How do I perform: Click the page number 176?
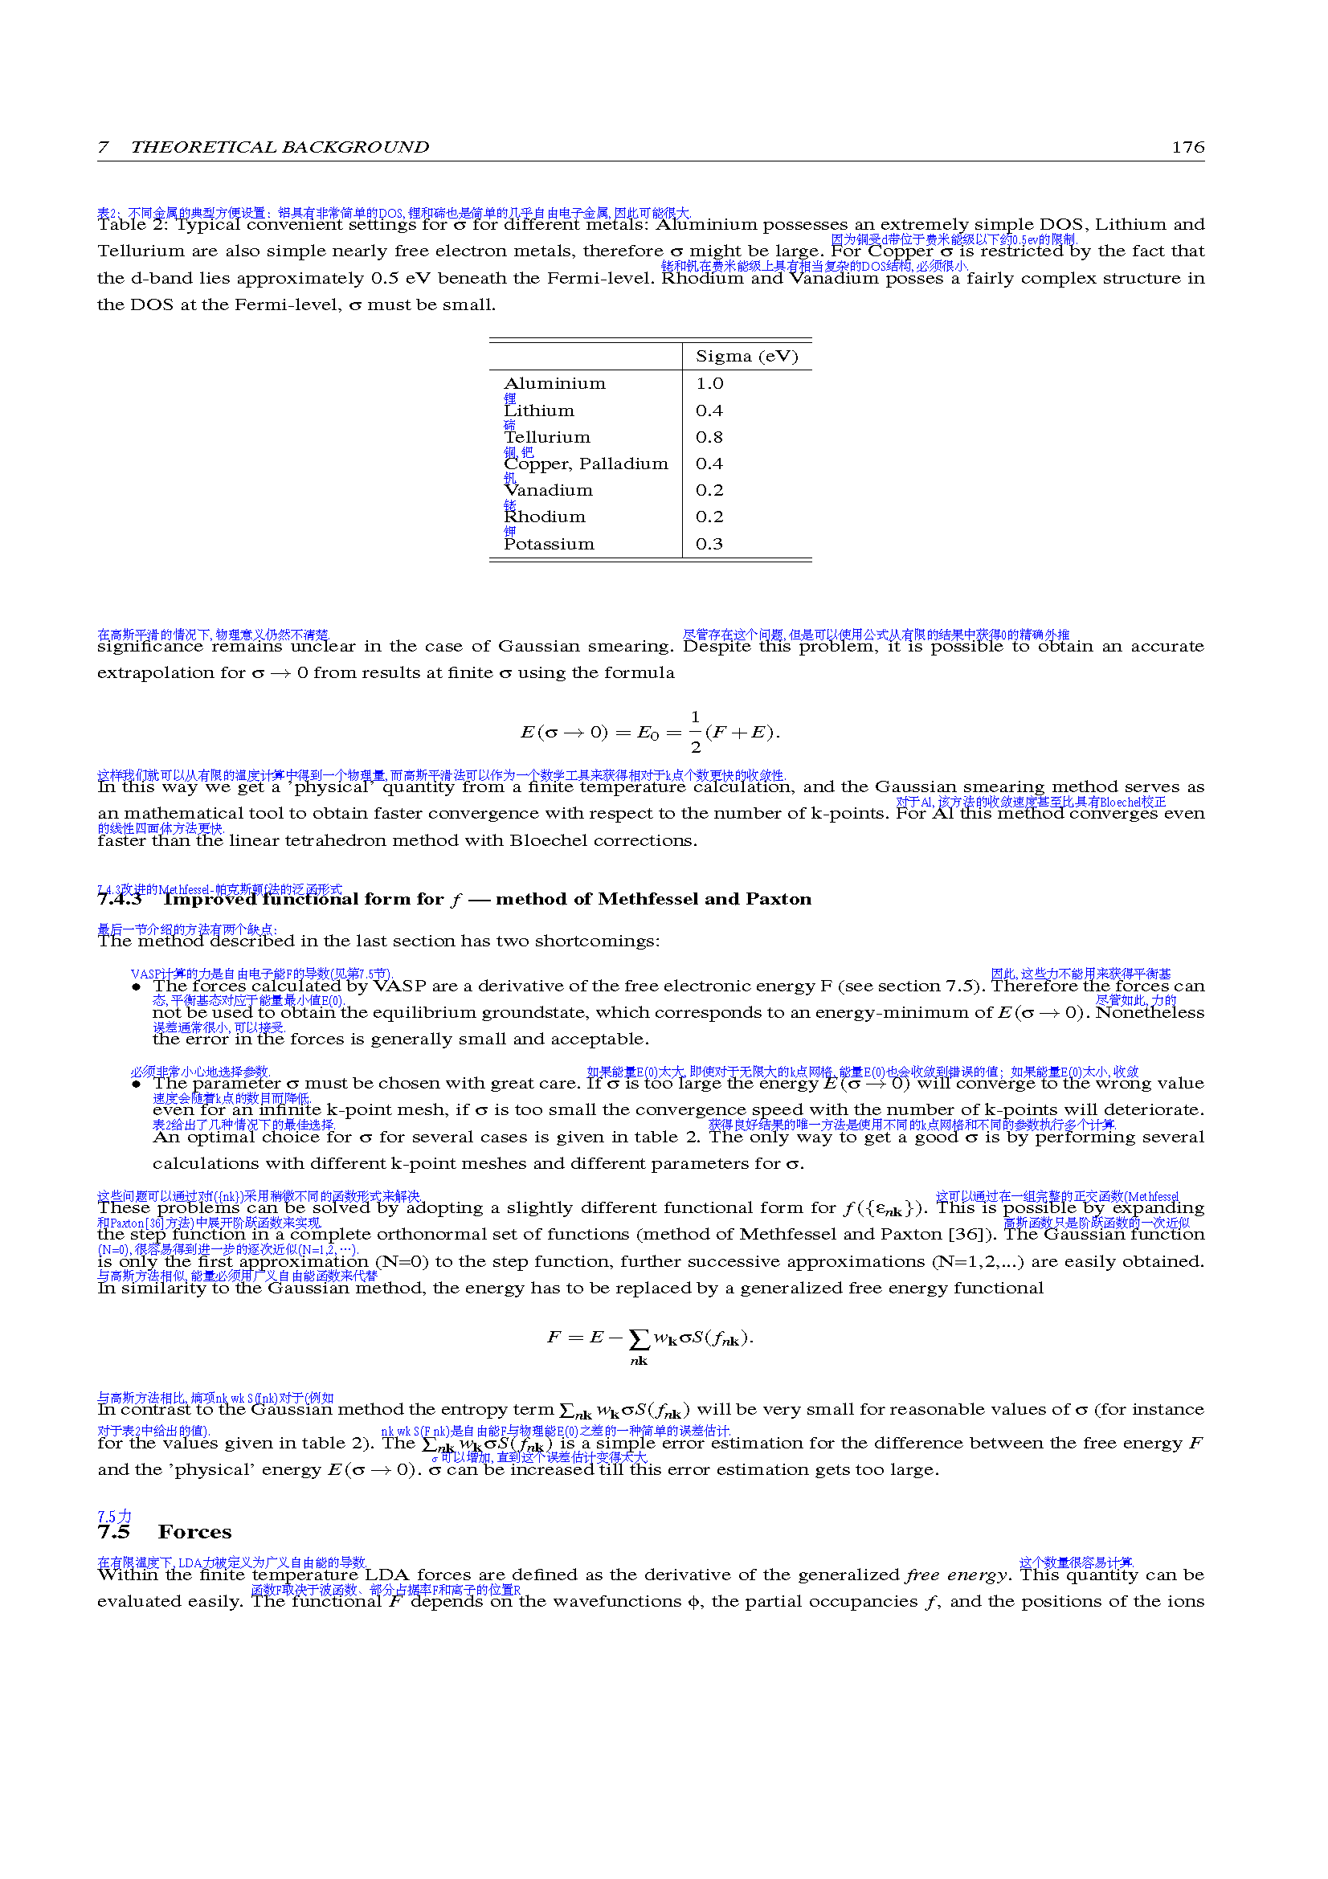[x=1187, y=147]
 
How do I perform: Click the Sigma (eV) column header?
[x=746, y=357]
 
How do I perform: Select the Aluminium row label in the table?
[x=555, y=384]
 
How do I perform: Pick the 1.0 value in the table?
[x=709, y=384]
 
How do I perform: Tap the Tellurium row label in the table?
[x=546, y=438]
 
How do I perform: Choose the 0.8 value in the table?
[x=709, y=438]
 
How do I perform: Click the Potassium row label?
[x=549, y=545]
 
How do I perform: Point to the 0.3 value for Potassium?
[x=709, y=545]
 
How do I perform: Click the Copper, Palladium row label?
[x=586, y=464]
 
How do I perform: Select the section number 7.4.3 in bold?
[x=120, y=900]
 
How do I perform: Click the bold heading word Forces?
[x=194, y=1532]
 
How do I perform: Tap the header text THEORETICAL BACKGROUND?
[x=279, y=147]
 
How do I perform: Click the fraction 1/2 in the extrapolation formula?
[x=695, y=732]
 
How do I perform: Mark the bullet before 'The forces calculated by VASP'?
[x=137, y=987]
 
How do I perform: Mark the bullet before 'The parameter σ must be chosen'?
[x=137, y=1085]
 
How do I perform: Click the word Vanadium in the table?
[x=548, y=491]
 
